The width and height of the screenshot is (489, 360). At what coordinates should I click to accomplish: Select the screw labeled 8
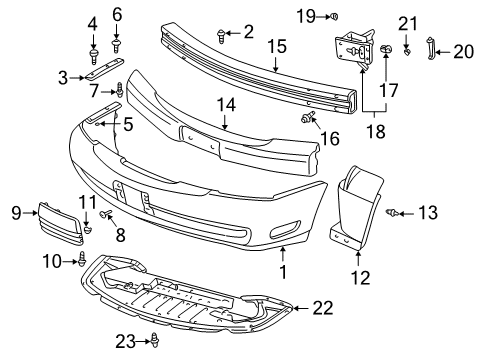click(x=107, y=214)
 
